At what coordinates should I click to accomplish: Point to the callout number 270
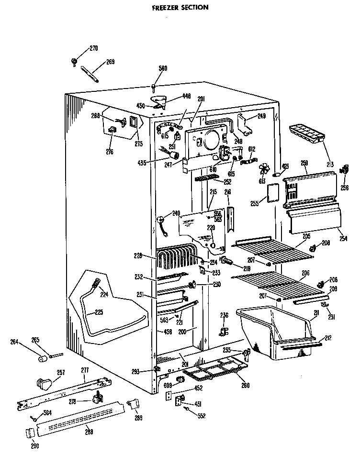tap(93, 48)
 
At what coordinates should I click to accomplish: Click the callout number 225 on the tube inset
tap(99, 312)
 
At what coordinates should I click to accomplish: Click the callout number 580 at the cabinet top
tap(163, 68)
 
